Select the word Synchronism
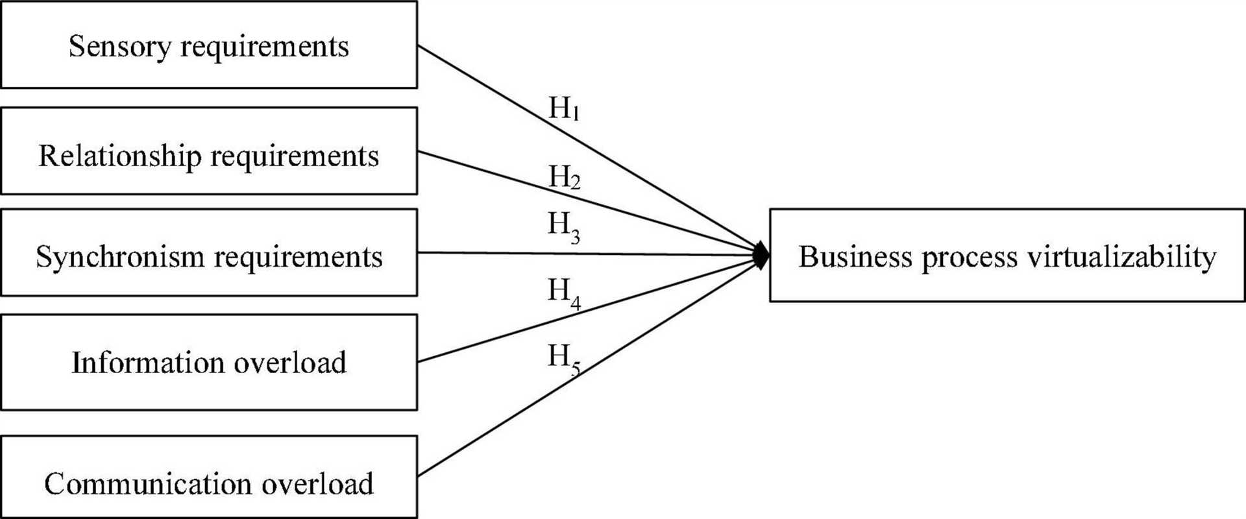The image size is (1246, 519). (x=120, y=257)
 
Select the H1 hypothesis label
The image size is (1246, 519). (x=563, y=108)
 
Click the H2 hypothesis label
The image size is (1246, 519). (x=564, y=177)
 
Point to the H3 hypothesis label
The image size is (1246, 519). (x=564, y=226)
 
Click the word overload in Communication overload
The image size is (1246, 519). (x=309, y=484)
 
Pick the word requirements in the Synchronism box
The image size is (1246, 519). (x=299, y=258)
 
